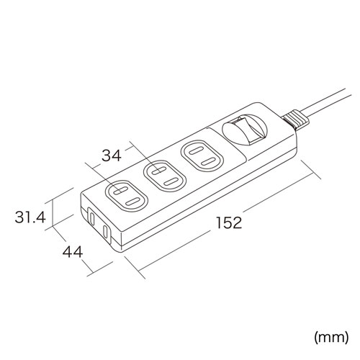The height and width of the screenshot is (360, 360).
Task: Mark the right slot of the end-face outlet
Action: coord(107,232)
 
